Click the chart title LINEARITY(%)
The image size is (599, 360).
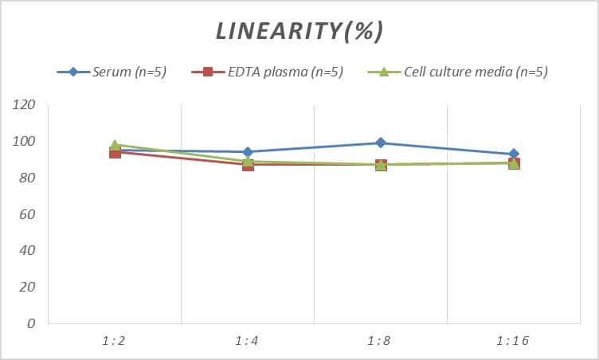tap(299, 30)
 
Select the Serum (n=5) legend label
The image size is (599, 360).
tap(129, 72)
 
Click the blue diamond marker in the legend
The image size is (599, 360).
tap(73, 72)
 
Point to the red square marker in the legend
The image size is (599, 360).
tap(208, 72)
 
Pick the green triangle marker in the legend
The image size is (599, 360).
tap(382, 72)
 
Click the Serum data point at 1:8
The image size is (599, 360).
tap(381, 143)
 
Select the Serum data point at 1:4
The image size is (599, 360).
tap(248, 152)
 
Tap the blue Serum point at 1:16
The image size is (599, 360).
tap(514, 154)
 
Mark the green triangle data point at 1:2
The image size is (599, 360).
tap(115, 145)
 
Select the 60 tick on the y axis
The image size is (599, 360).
tap(28, 214)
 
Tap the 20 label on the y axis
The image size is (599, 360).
tap(28, 287)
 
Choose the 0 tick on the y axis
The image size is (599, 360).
tap(31, 323)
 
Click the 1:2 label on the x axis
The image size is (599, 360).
tap(115, 342)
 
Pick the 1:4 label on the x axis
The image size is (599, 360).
tap(248, 342)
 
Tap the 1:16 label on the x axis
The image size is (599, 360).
tap(513, 342)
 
